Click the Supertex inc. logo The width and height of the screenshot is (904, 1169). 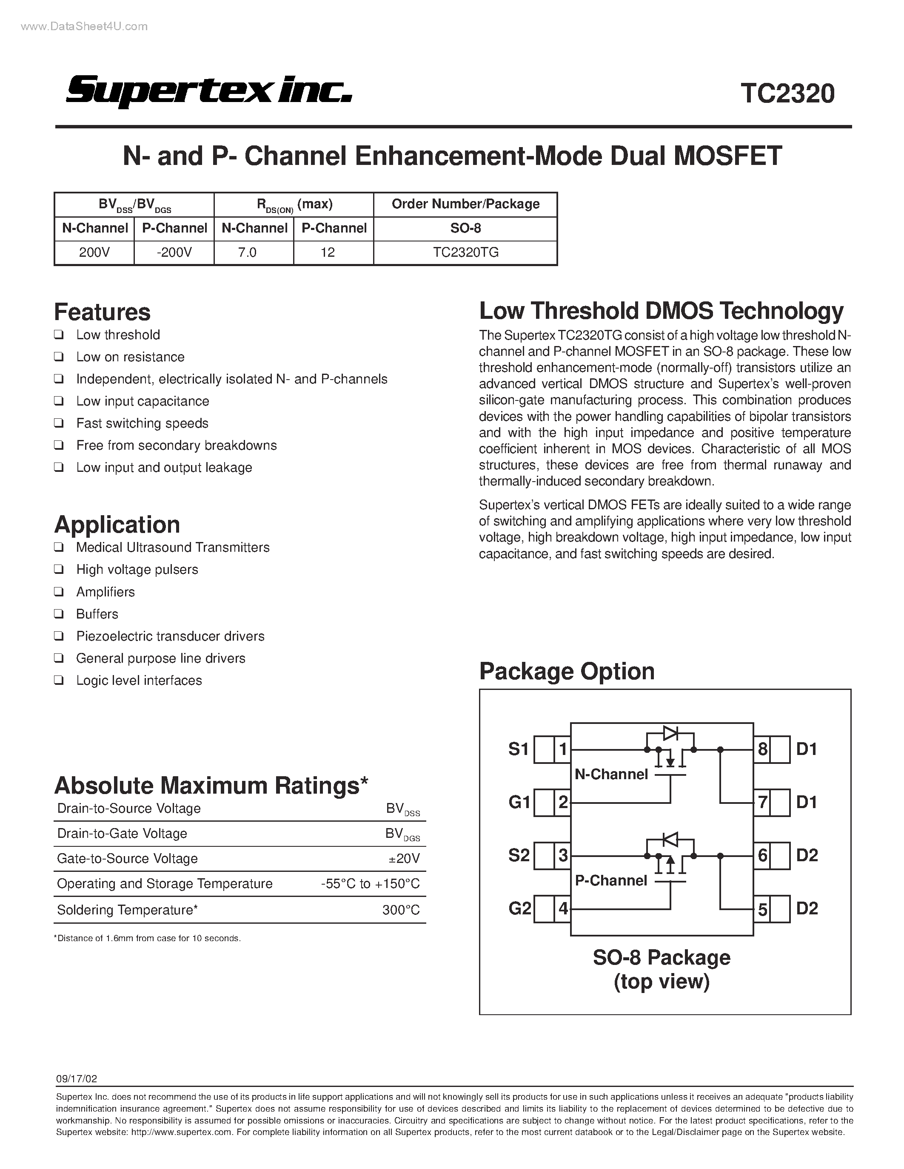coord(209,92)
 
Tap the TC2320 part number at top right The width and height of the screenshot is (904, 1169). coord(787,94)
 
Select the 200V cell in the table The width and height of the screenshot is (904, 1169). coord(94,253)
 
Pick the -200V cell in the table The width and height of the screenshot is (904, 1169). coord(174,253)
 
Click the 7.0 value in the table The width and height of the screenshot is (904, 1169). coord(248,253)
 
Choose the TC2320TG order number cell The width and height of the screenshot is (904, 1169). coord(465,253)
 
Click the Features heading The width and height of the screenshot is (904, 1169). coord(102,312)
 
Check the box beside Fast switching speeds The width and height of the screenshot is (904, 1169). coord(59,423)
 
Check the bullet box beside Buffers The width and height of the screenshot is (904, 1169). coord(59,614)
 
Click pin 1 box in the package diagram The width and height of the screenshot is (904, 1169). coord(562,749)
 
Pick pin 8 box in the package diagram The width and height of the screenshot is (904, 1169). coord(763,749)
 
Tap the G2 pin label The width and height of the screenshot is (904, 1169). coord(519,908)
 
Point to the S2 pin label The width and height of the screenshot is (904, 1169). coord(519,855)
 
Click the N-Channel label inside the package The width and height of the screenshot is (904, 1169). coord(611,775)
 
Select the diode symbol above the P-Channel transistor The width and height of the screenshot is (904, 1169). coord(670,839)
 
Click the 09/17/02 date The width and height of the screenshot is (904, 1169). coord(77,1079)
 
